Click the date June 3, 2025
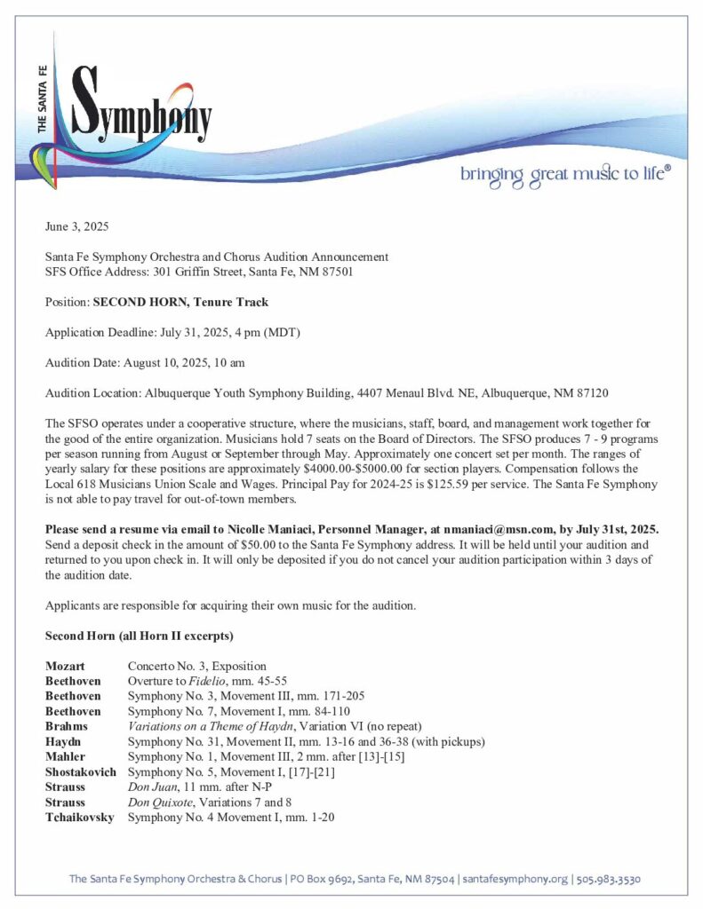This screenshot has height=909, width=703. pyautogui.click(x=76, y=228)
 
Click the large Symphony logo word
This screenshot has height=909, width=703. pyautogui.click(x=142, y=115)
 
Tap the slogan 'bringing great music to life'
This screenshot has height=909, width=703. pyautogui.click(x=565, y=174)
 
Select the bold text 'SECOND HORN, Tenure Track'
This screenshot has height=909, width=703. pyautogui.click(x=180, y=302)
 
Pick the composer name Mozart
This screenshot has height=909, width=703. pyautogui.click(x=67, y=666)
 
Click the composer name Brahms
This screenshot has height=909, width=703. pyautogui.click(x=67, y=726)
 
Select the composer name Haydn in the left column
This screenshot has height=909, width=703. pyautogui.click(x=64, y=741)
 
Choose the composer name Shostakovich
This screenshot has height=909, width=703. pyautogui.click(x=81, y=771)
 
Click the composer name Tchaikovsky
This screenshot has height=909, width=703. pyautogui.click(x=80, y=817)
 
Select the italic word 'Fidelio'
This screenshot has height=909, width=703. pyautogui.click(x=205, y=681)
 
